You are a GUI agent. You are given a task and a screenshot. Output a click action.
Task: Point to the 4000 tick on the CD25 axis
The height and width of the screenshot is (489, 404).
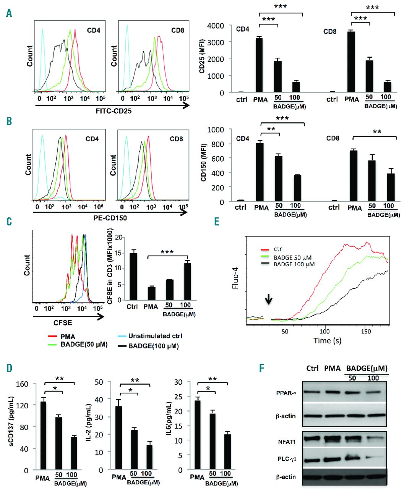(222, 26)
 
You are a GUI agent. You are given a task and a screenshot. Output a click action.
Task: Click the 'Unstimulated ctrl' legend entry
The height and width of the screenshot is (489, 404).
(155, 336)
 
